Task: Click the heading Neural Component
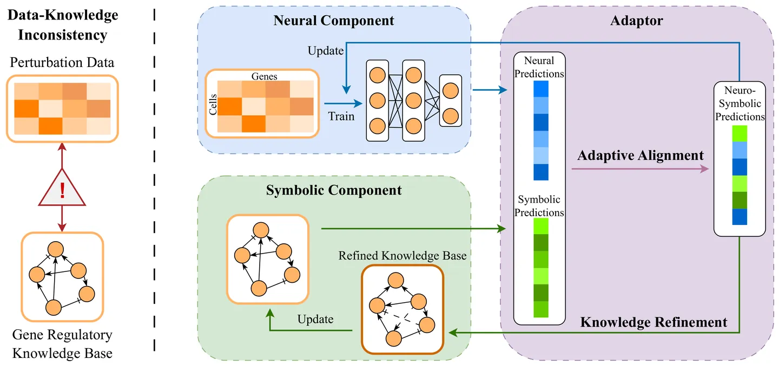334,21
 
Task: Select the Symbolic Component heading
334,190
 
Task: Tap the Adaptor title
636,21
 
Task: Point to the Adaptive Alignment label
641,156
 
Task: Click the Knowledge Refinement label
653,322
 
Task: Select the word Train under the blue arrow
341,116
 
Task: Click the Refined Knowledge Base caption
402,255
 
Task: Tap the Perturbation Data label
62,63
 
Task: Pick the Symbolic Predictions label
539,206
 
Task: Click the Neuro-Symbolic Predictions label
740,103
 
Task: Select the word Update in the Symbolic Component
315,318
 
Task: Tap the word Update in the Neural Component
326,51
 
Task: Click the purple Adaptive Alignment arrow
640,169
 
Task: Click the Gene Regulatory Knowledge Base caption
62,344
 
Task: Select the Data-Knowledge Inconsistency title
62,25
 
